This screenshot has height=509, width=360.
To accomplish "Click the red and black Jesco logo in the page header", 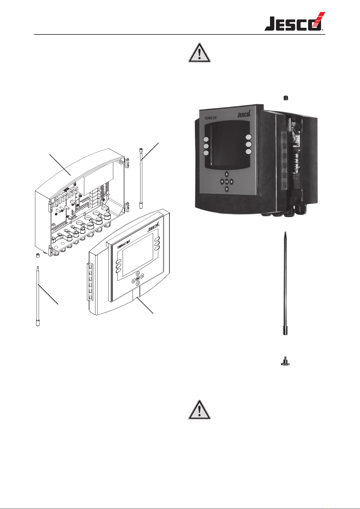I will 294,22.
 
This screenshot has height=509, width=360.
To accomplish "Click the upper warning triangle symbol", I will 199,53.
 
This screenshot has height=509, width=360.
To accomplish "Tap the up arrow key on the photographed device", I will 227,174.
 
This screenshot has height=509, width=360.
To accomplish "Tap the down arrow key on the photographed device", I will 227,189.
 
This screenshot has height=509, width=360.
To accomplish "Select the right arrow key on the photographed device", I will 232,182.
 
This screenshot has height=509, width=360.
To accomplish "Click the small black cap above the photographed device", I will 285,98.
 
